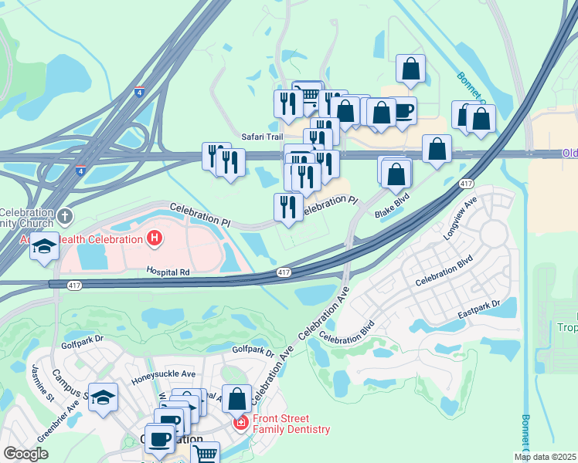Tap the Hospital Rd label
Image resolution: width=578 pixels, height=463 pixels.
[168, 272]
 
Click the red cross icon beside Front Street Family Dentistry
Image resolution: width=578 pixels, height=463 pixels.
[240, 424]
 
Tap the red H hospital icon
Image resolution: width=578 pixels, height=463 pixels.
[155, 238]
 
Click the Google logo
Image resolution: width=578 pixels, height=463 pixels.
[25, 454]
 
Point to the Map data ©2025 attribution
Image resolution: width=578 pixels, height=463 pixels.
[545, 457]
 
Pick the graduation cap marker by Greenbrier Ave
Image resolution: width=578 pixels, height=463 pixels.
[103, 397]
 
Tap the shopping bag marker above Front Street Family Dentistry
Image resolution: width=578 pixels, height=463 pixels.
[236, 399]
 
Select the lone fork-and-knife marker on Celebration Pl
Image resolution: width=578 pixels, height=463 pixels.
[288, 208]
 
